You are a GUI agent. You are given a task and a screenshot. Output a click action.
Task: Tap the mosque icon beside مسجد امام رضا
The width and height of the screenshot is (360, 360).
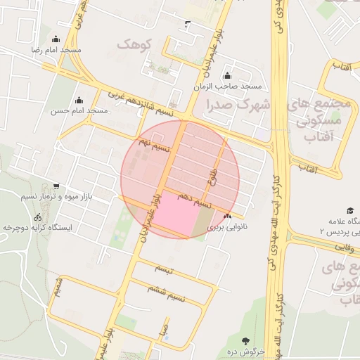[x=56, y=39]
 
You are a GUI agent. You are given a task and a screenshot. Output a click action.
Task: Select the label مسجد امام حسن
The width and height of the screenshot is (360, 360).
[x=79, y=110]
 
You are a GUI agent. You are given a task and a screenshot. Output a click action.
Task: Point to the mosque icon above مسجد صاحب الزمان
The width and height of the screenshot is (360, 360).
[x=226, y=77]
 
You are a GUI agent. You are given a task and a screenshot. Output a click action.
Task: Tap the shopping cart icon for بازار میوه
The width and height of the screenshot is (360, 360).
[x=56, y=188]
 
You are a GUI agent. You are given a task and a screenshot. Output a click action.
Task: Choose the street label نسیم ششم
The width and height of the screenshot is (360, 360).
[x=167, y=292]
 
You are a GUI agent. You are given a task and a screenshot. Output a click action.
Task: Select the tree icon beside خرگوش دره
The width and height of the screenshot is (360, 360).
[x=245, y=340]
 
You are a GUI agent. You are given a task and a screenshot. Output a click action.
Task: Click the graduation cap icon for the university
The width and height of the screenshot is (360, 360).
[x=349, y=210]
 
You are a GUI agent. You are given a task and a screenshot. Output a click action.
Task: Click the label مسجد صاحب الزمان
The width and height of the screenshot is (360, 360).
[x=229, y=86]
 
